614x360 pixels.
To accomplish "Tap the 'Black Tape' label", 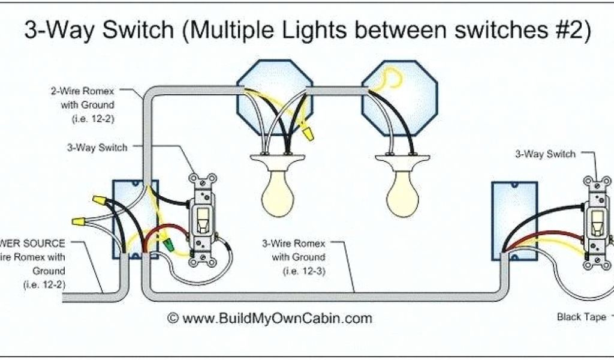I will point(581,317).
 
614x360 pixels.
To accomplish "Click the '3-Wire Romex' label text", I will point(293,244).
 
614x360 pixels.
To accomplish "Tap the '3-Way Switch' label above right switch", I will point(545,154).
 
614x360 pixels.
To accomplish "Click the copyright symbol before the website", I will point(173,318).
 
